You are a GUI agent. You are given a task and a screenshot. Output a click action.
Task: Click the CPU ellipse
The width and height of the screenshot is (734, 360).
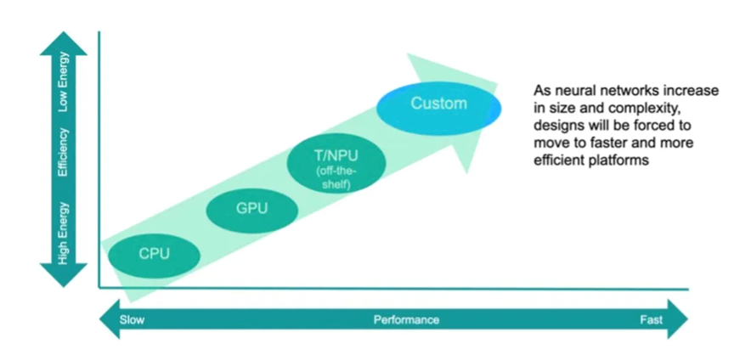tap(154, 256)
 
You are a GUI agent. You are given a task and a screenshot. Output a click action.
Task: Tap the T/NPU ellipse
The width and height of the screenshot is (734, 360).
tap(336, 163)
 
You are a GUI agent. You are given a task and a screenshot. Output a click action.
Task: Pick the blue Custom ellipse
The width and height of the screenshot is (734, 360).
tap(438, 108)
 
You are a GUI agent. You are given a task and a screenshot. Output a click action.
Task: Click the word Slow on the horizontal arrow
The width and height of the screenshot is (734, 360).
tap(132, 320)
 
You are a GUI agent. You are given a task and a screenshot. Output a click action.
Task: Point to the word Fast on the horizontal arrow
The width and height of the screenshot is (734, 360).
tap(651, 320)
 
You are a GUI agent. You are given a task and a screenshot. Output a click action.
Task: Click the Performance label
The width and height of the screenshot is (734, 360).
tap(406, 320)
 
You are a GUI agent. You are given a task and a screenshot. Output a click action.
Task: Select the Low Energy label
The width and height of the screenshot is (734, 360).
tap(63, 82)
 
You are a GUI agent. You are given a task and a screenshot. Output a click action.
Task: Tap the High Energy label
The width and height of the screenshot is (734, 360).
tap(63, 233)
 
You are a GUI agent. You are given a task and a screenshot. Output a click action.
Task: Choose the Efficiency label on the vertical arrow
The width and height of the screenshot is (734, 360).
tap(63, 152)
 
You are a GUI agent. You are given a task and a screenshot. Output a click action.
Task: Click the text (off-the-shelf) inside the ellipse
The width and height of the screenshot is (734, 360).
tap(336, 178)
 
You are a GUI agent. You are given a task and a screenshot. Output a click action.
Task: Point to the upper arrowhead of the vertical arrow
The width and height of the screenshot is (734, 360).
tap(63, 43)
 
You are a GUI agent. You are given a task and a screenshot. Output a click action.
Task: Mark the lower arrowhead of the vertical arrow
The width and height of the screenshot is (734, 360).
tap(63, 275)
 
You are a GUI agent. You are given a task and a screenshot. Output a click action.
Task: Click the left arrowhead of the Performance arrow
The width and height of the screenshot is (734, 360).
tap(110, 319)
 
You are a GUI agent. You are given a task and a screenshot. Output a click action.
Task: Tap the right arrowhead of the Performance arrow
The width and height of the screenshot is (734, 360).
tap(678, 319)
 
